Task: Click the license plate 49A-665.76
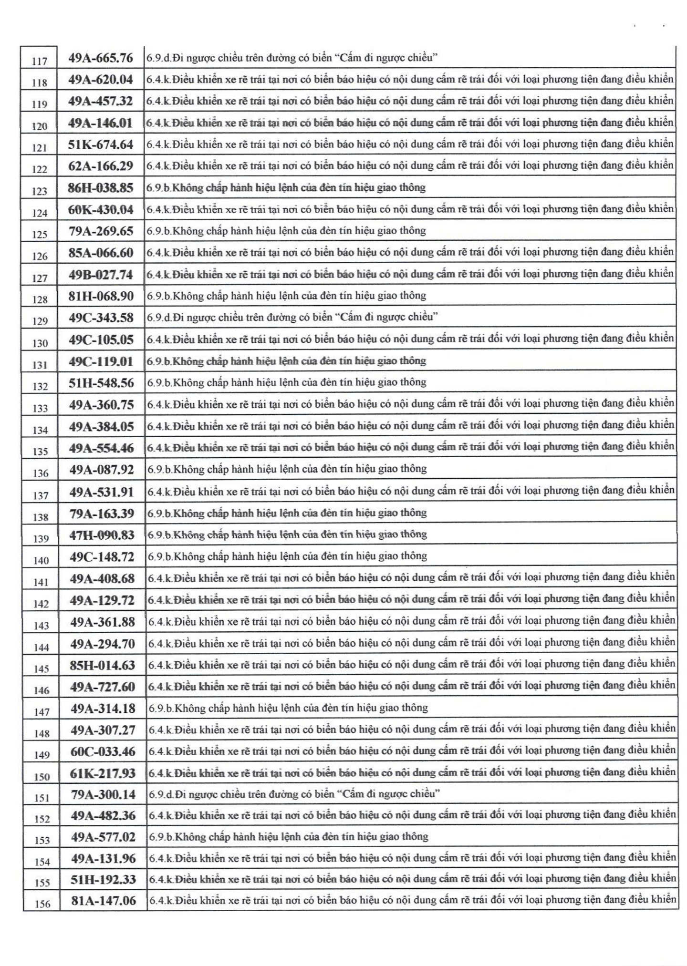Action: pos(101,58)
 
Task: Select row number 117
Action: pos(40,61)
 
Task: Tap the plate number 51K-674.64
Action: pos(101,144)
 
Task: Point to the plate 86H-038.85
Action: pos(101,188)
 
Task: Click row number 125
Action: pos(40,234)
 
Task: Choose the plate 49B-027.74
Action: pos(101,275)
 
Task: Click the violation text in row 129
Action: pos(292,317)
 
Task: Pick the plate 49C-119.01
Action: pos(101,361)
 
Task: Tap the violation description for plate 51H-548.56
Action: pos(286,382)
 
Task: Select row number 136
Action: pos(41,473)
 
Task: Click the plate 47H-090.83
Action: pos(102,535)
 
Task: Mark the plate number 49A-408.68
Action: pos(102,579)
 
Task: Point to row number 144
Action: pos(41,647)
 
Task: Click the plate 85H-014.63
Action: pos(102,665)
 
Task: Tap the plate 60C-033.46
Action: pos(103,751)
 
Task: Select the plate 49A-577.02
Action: pos(103,837)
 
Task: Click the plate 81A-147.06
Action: pos(103,901)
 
